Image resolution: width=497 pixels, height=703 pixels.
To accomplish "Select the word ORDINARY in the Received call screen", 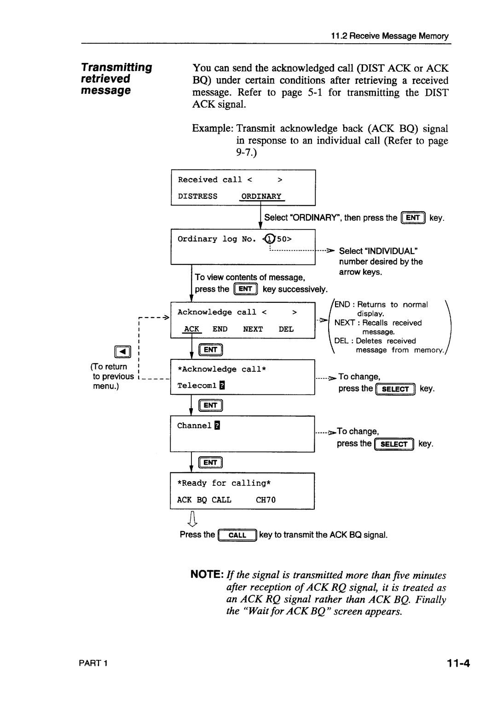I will (261, 196).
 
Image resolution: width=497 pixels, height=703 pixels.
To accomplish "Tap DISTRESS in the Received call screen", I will (197, 196).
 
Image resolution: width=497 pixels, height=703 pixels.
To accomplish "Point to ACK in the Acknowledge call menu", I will (191, 329).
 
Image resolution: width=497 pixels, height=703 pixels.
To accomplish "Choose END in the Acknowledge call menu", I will (220, 329).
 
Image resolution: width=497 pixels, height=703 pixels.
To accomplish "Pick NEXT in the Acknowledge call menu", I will (253, 329).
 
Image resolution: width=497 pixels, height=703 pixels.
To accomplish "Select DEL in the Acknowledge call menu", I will (286, 329).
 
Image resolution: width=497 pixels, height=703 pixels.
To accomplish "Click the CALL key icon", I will (237, 535).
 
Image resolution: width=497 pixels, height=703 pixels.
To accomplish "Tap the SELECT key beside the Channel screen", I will (394, 444).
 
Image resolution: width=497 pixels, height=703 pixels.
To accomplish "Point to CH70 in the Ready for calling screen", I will (266, 500).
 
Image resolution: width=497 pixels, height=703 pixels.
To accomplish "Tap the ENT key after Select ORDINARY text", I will (413, 218).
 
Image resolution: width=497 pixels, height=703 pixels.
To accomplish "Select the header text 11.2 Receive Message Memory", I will (389, 36).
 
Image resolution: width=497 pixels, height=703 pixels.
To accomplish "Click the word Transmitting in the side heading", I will (116, 68).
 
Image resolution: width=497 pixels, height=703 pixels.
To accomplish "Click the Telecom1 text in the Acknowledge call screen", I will (196, 386).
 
